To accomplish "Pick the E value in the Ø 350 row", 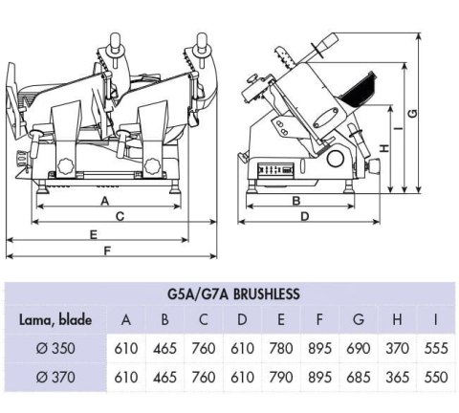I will (x=281, y=349).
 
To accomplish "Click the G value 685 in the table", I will (x=359, y=377).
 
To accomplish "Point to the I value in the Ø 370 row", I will (x=435, y=377).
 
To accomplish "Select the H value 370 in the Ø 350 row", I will (x=397, y=349).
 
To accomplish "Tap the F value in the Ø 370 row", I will (x=320, y=377).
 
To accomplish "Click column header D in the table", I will (x=243, y=320).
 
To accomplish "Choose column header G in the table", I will (x=359, y=320).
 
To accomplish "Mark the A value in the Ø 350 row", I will (x=126, y=349).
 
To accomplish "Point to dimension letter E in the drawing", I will (x=94, y=233).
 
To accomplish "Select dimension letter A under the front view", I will (x=103, y=201).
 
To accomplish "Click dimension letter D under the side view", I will (x=304, y=217).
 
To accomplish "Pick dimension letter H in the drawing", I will (x=382, y=148).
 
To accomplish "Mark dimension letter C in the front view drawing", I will (x=120, y=217).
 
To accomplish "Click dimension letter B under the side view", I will (x=296, y=201).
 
